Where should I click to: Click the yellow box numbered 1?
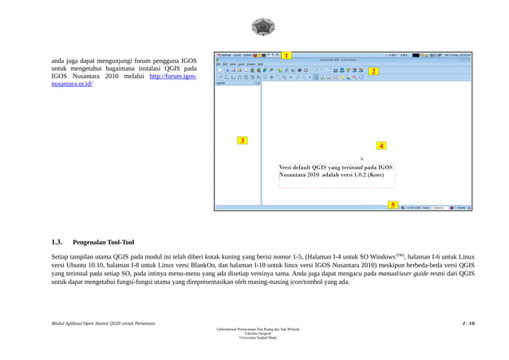(286, 55)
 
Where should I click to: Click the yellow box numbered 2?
(373, 71)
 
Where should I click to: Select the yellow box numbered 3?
(243, 140)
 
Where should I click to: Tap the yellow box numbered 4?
(381, 146)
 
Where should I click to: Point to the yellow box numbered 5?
(393, 205)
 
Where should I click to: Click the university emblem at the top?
(262, 27)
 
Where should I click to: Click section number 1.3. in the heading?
(57, 242)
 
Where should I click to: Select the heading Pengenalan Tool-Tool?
(104, 242)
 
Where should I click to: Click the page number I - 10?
(468, 323)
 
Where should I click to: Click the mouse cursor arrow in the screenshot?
(361, 158)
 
